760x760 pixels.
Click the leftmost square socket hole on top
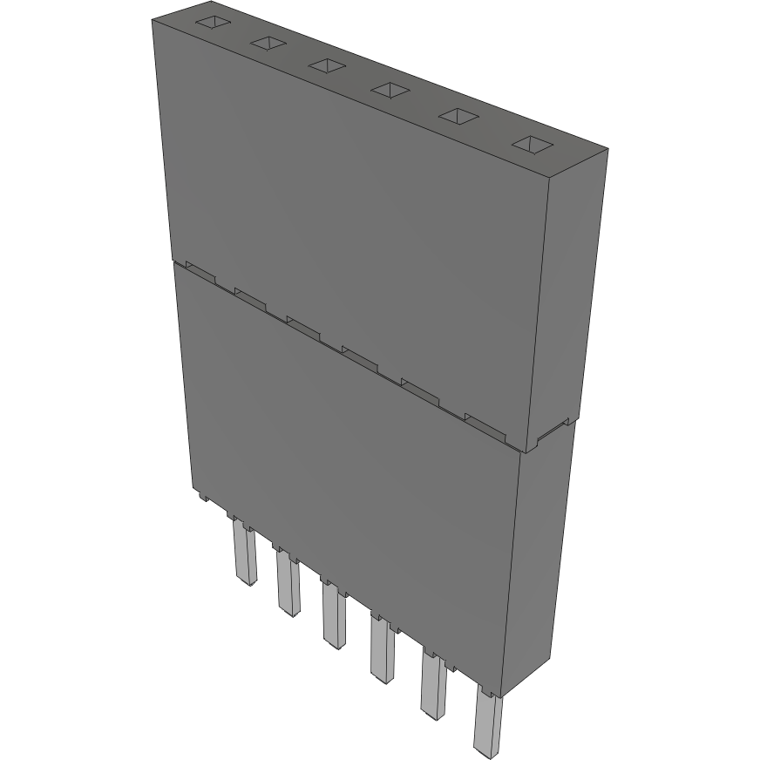(210, 24)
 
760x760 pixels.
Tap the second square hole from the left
(268, 43)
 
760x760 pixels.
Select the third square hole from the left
(326, 65)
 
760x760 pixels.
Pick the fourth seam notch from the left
(358, 354)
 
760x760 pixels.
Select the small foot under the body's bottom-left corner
(202, 498)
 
